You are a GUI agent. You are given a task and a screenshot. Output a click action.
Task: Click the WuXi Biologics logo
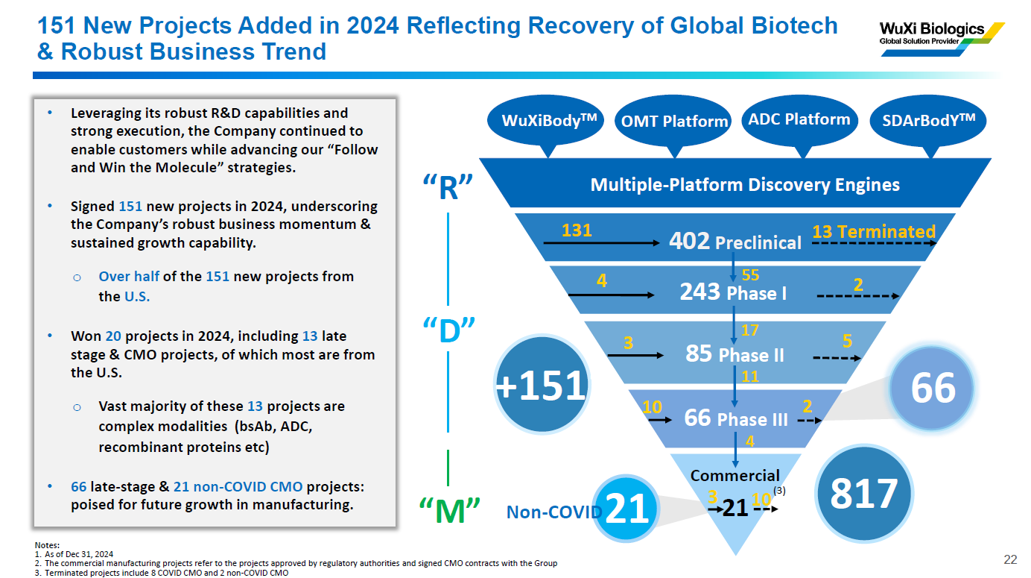point(941,34)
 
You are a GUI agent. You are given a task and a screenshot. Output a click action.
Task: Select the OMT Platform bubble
point(674,122)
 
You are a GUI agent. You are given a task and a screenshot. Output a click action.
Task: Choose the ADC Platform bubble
point(799,119)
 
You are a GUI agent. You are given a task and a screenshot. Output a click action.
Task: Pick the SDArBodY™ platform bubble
point(928,121)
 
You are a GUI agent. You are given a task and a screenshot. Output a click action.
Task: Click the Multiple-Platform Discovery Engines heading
point(745,184)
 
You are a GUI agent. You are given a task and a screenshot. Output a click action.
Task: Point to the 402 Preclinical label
point(735,242)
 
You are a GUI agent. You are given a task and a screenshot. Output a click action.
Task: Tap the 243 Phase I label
point(733,292)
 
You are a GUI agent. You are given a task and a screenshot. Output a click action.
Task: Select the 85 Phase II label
point(735,354)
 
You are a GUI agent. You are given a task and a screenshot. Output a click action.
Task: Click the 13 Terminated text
point(873,232)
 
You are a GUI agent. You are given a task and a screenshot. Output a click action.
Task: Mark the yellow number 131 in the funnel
point(577,231)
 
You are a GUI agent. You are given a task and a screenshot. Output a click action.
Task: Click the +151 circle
point(542,385)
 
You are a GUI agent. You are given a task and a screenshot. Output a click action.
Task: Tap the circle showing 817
point(864,494)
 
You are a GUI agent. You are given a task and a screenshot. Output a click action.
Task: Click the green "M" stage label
point(448,511)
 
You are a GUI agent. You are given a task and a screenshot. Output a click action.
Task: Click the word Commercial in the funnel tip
point(735,476)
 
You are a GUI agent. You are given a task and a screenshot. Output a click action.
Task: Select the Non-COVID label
point(553,512)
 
